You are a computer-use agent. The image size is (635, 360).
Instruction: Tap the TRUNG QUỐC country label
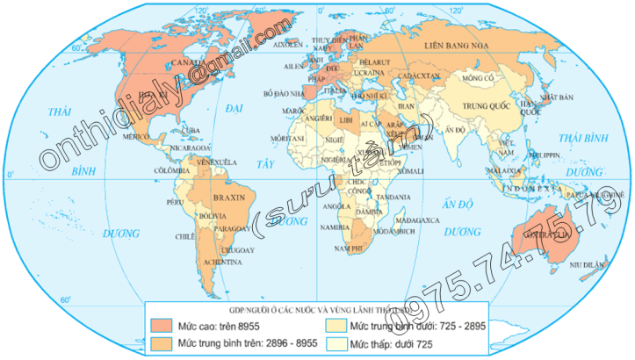480,111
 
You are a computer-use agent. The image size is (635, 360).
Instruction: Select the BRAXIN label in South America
230,198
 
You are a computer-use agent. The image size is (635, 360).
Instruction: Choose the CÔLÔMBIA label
171,170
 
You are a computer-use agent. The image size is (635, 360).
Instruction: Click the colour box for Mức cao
160,325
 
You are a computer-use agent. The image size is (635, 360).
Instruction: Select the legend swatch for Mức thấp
338,342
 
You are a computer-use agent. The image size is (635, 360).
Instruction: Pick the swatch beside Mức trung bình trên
160,342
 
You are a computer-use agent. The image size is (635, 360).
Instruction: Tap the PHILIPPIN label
546,155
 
